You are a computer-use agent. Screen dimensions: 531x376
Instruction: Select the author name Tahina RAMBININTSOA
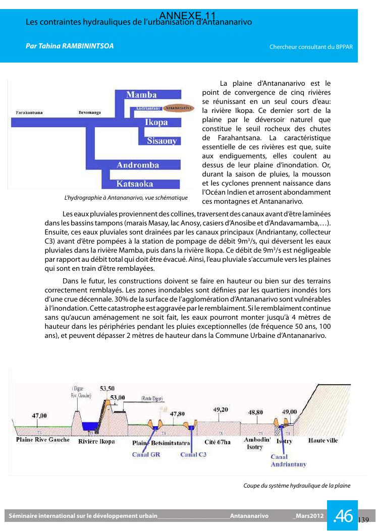pos(70,46)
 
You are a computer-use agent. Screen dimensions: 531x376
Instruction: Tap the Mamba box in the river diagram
pos(141,95)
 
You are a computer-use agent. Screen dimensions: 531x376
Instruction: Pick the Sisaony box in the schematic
pos(162,141)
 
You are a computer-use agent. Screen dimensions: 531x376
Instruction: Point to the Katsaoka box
pos(135,184)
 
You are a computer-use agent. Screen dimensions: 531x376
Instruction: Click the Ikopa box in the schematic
pos(156,123)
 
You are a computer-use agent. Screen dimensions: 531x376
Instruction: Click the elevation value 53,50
pos(107,388)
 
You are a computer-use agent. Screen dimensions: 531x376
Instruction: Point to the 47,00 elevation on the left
pos(40,416)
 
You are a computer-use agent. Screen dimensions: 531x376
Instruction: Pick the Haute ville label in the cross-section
pos(323,440)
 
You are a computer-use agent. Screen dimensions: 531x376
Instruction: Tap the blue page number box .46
pos(343,515)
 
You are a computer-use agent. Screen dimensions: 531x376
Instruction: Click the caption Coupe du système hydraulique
pos(297,486)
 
